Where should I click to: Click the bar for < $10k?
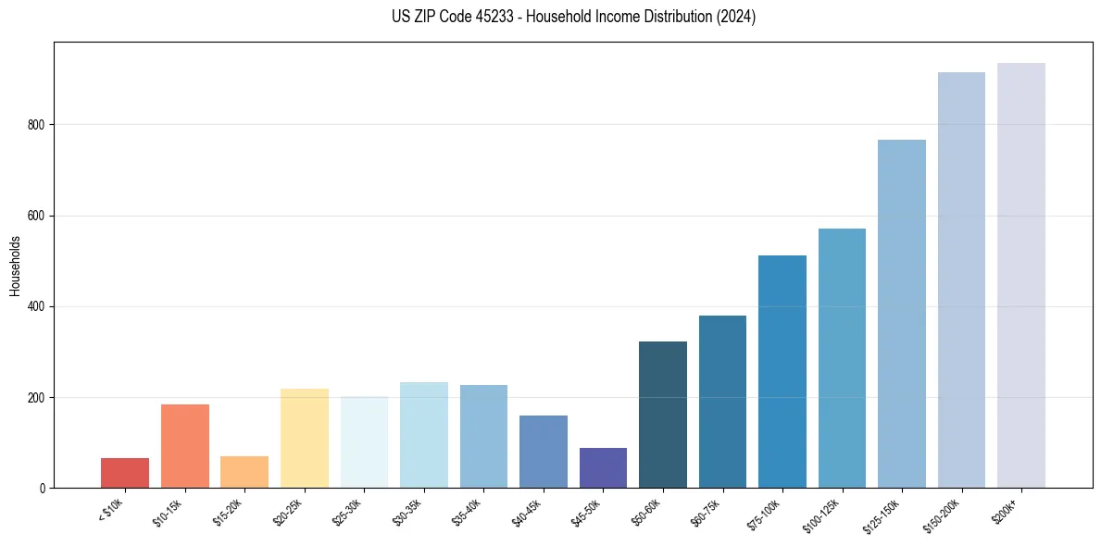tap(125, 473)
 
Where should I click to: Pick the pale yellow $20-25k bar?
tap(305, 438)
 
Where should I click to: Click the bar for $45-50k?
tap(603, 467)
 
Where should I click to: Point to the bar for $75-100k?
tap(782, 371)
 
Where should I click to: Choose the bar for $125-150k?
tap(902, 314)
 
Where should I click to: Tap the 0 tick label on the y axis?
tap(43, 488)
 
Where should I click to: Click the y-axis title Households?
tap(15, 265)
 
